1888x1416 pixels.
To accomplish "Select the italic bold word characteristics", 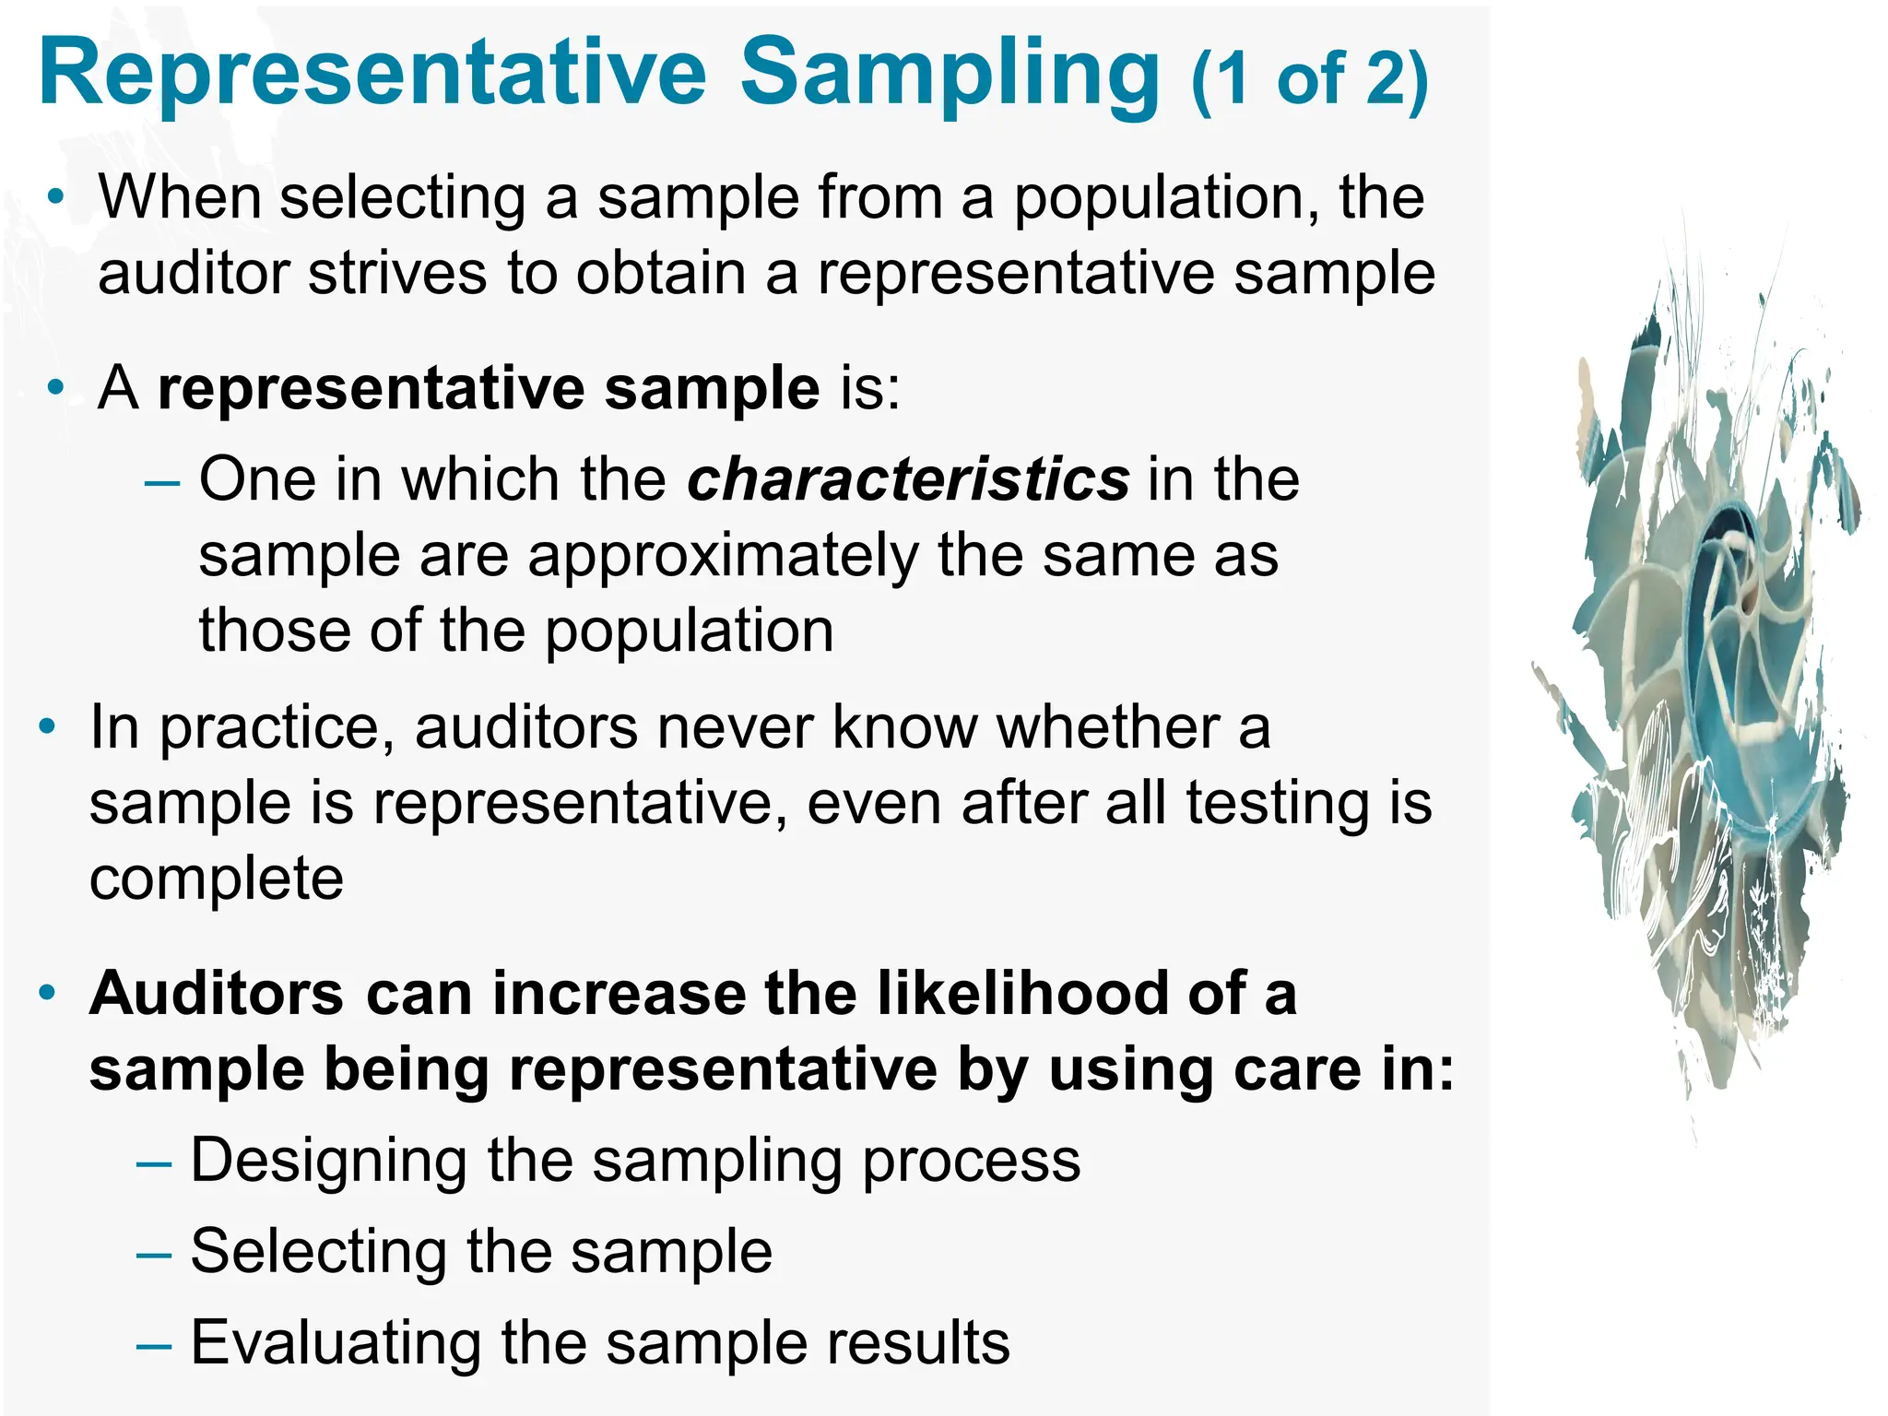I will click(x=908, y=479).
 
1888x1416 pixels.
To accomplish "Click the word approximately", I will click(x=723, y=556).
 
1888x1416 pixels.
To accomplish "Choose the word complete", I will click(x=217, y=879).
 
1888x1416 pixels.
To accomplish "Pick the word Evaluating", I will click(x=336, y=1342).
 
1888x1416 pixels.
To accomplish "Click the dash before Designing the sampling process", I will click(x=153, y=1164).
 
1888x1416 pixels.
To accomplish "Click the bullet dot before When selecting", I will click(x=56, y=196).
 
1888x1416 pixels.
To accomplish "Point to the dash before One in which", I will click(x=162, y=482).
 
